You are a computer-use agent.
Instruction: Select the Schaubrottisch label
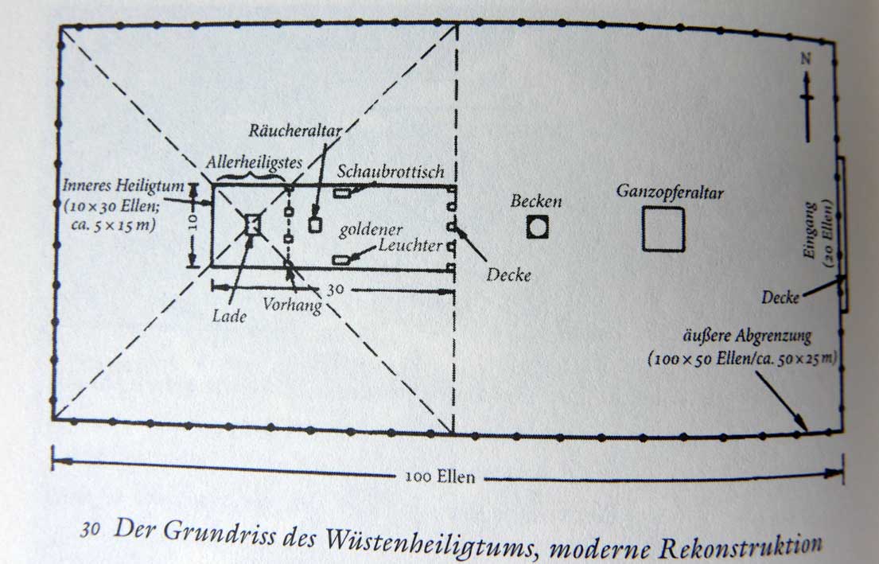pos(391,172)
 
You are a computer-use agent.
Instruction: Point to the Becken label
pos(536,202)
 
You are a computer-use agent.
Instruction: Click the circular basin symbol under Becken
pos(538,228)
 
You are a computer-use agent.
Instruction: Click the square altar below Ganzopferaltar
pos(663,229)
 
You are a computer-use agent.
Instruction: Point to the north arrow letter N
pos(807,60)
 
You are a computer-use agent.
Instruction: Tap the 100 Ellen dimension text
pos(439,477)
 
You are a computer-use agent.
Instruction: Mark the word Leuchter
pos(410,247)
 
